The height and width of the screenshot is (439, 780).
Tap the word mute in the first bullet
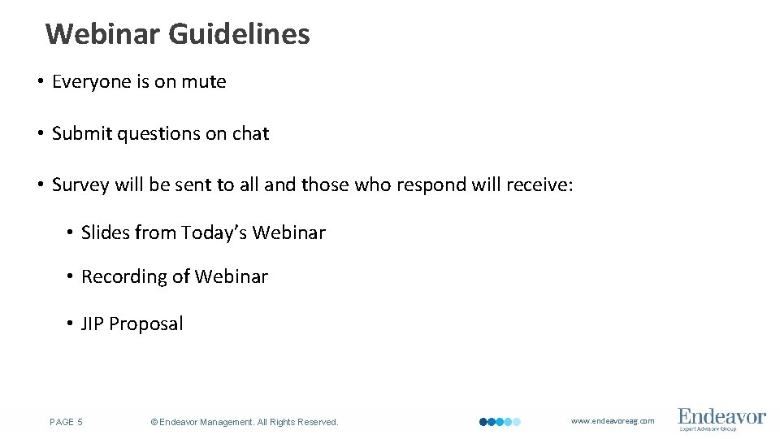(x=204, y=81)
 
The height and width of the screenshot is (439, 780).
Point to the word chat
(x=250, y=133)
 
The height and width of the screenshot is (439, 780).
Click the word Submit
(x=82, y=133)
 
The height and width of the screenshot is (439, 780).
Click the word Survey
(x=80, y=185)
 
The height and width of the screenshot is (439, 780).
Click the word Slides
(x=106, y=233)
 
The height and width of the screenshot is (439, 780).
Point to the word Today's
(x=214, y=233)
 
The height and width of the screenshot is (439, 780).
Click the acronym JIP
(x=93, y=324)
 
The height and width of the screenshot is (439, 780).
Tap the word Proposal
(x=146, y=324)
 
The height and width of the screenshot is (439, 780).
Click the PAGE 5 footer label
(x=66, y=422)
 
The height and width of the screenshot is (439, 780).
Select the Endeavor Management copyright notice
(x=245, y=422)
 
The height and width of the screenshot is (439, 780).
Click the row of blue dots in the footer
(x=500, y=422)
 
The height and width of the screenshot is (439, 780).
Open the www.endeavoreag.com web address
(x=613, y=421)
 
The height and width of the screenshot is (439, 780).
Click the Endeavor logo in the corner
(x=721, y=419)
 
